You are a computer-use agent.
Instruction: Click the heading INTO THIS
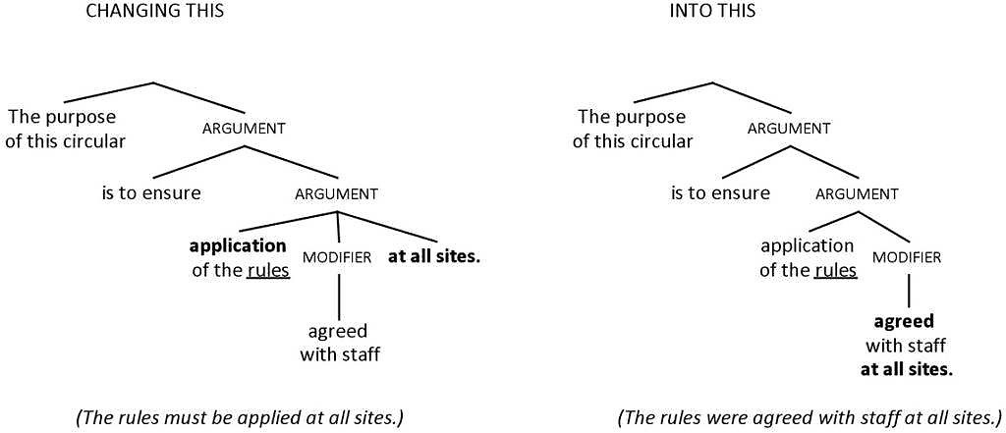[x=713, y=12]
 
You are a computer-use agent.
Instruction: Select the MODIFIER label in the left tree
[x=337, y=257]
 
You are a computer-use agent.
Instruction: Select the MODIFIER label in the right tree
[x=907, y=257]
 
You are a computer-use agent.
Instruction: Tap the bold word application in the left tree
[x=238, y=245]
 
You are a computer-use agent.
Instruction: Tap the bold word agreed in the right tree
[x=905, y=321]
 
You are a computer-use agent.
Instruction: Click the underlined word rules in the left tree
[x=268, y=270]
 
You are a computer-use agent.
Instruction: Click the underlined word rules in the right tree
[x=837, y=270]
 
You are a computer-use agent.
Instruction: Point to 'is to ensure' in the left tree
[x=151, y=192]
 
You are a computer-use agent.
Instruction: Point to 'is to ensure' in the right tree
[x=720, y=192]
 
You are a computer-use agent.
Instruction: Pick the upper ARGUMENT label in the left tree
[x=244, y=129]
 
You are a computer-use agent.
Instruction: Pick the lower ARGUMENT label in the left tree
[x=336, y=194]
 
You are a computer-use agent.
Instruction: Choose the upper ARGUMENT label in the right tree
[x=789, y=129]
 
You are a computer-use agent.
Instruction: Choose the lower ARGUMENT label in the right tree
[x=857, y=194]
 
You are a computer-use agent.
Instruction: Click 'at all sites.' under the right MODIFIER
[x=907, y=369]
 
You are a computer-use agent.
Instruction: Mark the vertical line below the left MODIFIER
[x=339, y=294]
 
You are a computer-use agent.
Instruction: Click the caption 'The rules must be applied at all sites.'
[x=240, y=417]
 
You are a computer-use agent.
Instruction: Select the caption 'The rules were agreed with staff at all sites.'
[x=809, y=417]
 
